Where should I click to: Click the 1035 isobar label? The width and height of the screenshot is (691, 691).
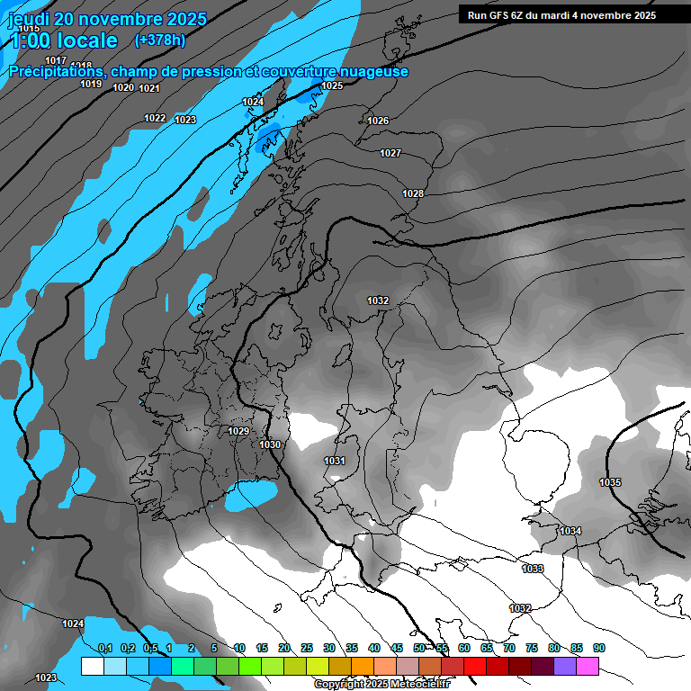[x=610, y=483]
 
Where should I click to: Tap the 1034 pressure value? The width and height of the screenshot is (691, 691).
[x=570, y=531]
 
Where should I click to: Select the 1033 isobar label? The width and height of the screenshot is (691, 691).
[x=533, y=569]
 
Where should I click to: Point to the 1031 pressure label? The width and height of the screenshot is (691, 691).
[x=335, y=461]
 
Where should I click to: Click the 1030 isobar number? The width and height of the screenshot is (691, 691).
[x=270, y=444]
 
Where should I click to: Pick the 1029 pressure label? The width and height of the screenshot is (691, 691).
[x=238, y=432]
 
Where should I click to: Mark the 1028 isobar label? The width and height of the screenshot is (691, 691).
[x=413, y=194]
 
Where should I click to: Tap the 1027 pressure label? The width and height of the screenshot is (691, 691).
[x=390, y=154]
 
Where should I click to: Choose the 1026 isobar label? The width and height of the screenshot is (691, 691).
[x=378, y=121]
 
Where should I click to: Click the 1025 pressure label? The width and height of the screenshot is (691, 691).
[x=332, y=86]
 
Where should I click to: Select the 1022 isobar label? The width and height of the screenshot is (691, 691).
[x=155, y=119]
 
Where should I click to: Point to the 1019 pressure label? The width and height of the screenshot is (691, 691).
[x=91, y=84]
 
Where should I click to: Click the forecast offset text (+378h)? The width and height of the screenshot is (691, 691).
[x=160, y=40]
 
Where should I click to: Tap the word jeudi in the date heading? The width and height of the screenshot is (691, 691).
[x=33, y=19]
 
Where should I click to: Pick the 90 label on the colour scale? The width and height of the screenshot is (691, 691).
[x=599, y=648]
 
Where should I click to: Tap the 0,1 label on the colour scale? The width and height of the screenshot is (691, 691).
[x=104, y=648]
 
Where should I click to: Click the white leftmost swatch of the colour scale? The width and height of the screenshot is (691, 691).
[x=92, y=666]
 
